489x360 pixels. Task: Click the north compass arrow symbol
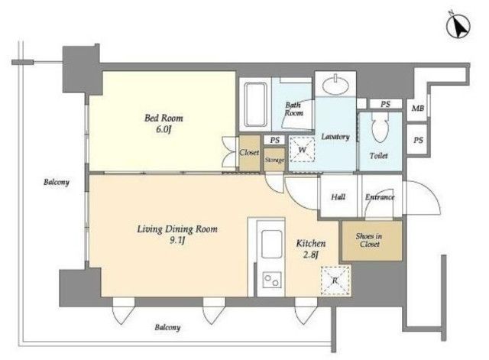[x=458, y=28]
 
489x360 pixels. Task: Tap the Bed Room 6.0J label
[x=164, y=123]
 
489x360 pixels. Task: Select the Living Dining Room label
[x=177, y=229]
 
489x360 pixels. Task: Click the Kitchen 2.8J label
[x=311, y=248]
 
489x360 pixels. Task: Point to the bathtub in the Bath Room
[x=256, y=104]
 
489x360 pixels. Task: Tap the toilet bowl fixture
[x=380, y=127]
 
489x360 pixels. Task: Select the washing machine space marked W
[x=302, y=149]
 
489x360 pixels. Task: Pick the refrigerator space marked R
[x=335, y=281]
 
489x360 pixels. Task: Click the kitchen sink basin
[x=272, y=245]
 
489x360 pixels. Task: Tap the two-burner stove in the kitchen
[x=272, y=280]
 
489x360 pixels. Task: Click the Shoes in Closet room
[x=372, y=241]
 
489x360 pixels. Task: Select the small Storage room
[x=274, y=160]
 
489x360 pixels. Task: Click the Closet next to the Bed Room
[x=249, y=153]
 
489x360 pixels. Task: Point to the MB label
[x=418, y=109]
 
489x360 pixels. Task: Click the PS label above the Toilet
[x=385, y=104]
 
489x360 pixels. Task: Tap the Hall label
[x=338, y=197]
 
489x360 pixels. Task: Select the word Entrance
[x=380, y=197]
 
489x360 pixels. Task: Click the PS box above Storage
[x=274, y=140]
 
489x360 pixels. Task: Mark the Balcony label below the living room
[x=167, y=327]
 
